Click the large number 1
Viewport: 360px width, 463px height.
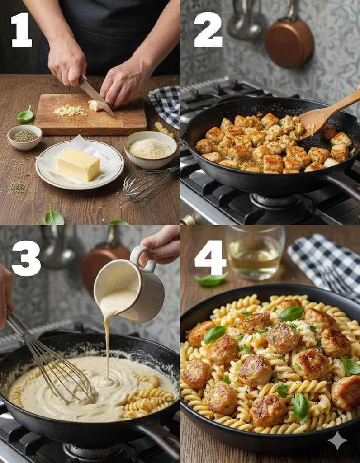[x=22, y=29]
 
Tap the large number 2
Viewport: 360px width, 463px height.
[x=208, y=29]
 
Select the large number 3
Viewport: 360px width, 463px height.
[x=26, y=258]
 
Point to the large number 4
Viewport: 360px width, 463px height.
[x=210, y=257]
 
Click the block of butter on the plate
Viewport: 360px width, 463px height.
[x=79, y=165]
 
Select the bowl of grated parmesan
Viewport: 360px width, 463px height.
[x=151, y=150]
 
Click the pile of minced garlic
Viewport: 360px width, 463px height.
[x=70, y=110]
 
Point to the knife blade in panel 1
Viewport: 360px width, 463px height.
[x=96, y=96]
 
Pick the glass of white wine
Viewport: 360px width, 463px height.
[x=255, y=252]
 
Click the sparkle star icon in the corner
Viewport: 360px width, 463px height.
[x=337, y=440]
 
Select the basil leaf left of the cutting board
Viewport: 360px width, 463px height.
[x=25, y=115]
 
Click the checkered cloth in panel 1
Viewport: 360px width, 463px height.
[x=166, y=105]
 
